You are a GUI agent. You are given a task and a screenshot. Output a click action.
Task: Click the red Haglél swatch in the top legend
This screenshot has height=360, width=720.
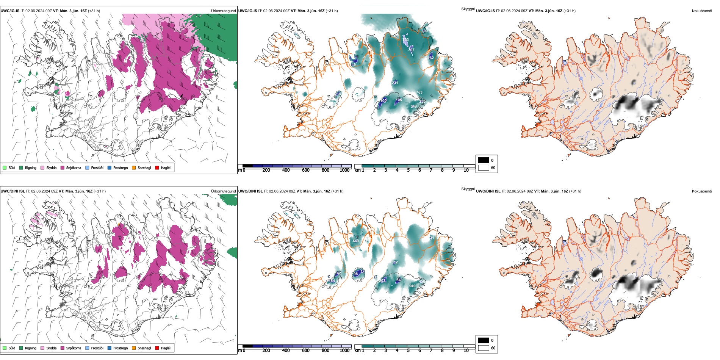tap(157, 167)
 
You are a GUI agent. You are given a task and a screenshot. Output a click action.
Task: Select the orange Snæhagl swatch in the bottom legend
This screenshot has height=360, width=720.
tap(134, 348)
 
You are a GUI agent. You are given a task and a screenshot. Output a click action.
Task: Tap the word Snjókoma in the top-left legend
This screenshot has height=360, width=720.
tap(74, 167)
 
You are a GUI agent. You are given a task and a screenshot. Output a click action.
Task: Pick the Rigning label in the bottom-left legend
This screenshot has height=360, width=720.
tap(31, 348)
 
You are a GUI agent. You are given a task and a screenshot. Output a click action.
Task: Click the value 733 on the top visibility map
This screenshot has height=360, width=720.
tap(405, 39)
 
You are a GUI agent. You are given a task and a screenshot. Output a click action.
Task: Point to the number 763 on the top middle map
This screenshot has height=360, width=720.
tap(419, 92)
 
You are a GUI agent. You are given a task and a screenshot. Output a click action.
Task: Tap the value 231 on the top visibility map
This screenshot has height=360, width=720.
tap(395, 83)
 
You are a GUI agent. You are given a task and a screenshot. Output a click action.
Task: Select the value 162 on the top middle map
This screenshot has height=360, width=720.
tap(431, 58)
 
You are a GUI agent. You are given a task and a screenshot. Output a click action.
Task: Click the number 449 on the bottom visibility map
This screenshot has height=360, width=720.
tap(355, 241)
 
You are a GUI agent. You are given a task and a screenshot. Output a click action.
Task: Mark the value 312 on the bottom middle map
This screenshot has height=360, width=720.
tap(394, 262)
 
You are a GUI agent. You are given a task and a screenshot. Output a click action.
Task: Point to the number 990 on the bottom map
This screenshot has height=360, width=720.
tap(412, 286)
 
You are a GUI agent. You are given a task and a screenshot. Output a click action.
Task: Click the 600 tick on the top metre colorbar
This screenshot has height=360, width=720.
tap(306, 170)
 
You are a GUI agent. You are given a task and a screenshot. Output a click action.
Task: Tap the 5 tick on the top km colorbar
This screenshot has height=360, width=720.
tap(409, 170)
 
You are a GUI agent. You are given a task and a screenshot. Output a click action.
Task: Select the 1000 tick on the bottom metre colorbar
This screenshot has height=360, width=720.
tap(344, 351)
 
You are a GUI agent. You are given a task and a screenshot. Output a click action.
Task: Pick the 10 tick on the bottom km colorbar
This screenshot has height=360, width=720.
tap(466, 351)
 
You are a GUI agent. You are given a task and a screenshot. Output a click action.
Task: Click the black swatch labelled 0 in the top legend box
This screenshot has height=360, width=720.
tap(484, 160)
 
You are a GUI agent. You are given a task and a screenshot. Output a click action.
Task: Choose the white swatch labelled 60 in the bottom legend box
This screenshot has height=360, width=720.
tap(484, 348)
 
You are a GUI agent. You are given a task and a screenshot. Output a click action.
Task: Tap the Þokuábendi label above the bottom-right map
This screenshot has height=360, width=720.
tap(702, 191)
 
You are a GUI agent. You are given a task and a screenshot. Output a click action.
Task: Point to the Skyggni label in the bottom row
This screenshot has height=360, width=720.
tap(468, 189)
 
